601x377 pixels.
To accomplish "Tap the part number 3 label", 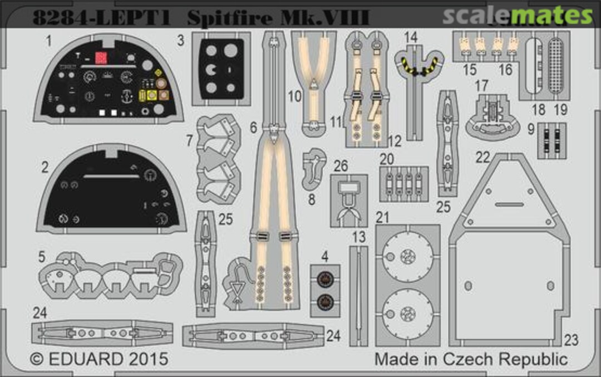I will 181,41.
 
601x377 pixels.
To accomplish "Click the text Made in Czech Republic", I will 471,358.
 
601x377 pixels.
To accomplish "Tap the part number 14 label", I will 411,38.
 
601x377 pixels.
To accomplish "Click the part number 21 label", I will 382,218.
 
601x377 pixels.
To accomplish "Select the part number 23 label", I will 572,340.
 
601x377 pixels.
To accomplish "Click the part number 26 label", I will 341,166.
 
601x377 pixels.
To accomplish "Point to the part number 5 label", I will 42,257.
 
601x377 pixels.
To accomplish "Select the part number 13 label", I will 359,237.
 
